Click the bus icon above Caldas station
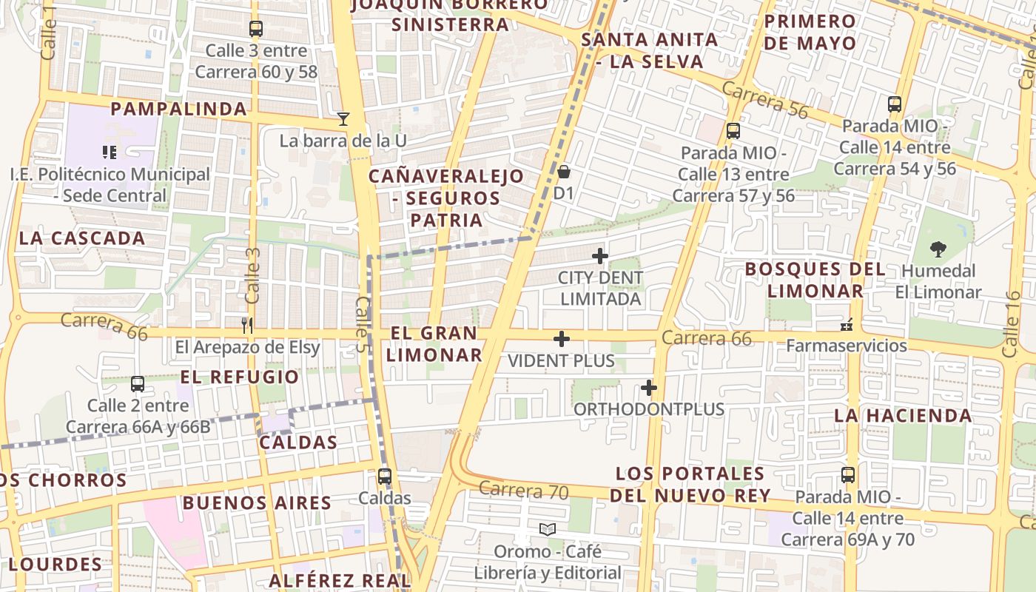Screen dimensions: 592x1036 (x=384, y=476)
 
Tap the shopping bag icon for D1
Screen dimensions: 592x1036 (x=564, y=172)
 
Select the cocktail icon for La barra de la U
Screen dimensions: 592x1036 (x=343, y=118)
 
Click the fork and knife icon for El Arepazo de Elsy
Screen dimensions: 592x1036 (x=247, y=325)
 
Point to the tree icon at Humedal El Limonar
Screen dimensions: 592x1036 (x=938, y=249)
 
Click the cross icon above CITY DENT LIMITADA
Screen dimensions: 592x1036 (x=600, y=256)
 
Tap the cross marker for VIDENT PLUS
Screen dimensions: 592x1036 (x=562, y=339)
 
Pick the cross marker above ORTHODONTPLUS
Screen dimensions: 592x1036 (x=649, y=387)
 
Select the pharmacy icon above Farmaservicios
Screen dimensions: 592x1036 (x=847, y=324)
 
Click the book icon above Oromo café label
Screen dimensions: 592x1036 (x=548, y=529)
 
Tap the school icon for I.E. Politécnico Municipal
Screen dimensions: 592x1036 (x=110, y=152)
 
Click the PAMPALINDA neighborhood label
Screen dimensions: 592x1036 (x=178, y=109)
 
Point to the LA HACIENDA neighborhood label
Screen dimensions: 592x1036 (x=903, y=415)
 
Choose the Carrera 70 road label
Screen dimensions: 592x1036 (x=522, y=490)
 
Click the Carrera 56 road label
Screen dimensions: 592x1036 (x=764, y=100)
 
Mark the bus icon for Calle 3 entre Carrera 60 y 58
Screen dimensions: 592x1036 (x=256, y=29)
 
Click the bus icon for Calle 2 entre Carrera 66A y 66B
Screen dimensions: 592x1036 (x=138, y=383)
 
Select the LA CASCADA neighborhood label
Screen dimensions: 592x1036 (x=82, y=238)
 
